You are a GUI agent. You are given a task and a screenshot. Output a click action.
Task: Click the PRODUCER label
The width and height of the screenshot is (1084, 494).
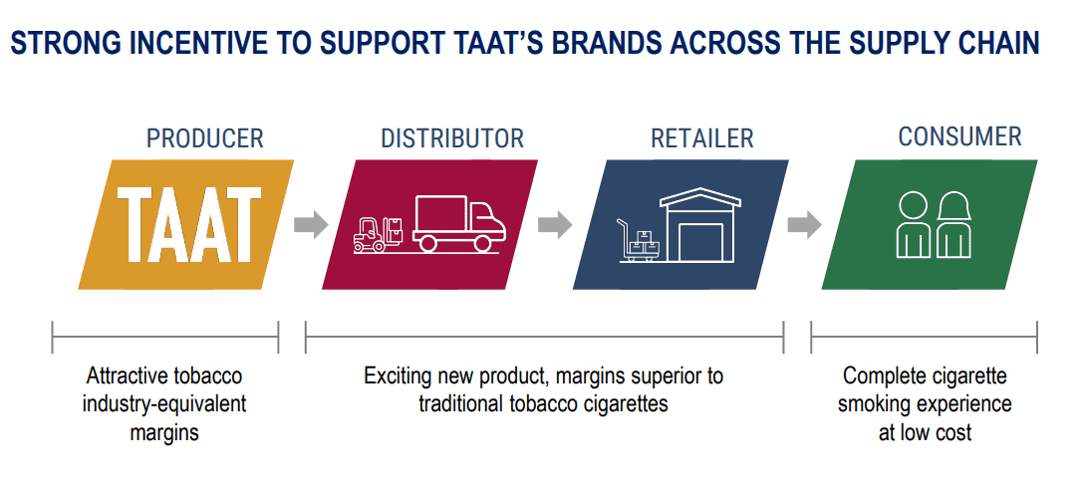point(204,138)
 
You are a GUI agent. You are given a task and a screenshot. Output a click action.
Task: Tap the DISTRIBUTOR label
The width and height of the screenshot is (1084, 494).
point(452,138)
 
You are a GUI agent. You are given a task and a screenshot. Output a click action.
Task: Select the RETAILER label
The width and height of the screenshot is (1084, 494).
point(701,138)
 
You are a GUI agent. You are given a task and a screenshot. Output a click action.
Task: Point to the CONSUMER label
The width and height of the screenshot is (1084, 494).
point(959,136)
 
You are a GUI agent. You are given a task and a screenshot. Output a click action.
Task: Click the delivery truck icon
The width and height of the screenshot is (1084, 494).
point(459,223)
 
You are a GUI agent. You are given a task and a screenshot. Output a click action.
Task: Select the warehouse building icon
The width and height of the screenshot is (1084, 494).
point(699,224)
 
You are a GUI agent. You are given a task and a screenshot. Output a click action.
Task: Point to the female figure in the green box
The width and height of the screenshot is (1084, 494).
point(954,224)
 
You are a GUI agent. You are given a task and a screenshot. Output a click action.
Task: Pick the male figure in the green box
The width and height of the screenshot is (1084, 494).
point(914,224)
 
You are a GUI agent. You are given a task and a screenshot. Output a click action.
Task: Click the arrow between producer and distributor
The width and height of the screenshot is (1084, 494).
point(311,224)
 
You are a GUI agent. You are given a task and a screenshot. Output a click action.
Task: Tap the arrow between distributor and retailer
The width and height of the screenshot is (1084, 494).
point(554,224)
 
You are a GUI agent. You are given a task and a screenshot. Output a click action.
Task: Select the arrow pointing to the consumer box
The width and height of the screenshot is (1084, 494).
point(804,224)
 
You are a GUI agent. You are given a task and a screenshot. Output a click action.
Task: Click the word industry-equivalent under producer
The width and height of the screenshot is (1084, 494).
point(164,404)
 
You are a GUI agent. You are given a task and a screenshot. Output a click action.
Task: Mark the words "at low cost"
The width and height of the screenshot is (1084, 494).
point(925,432)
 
